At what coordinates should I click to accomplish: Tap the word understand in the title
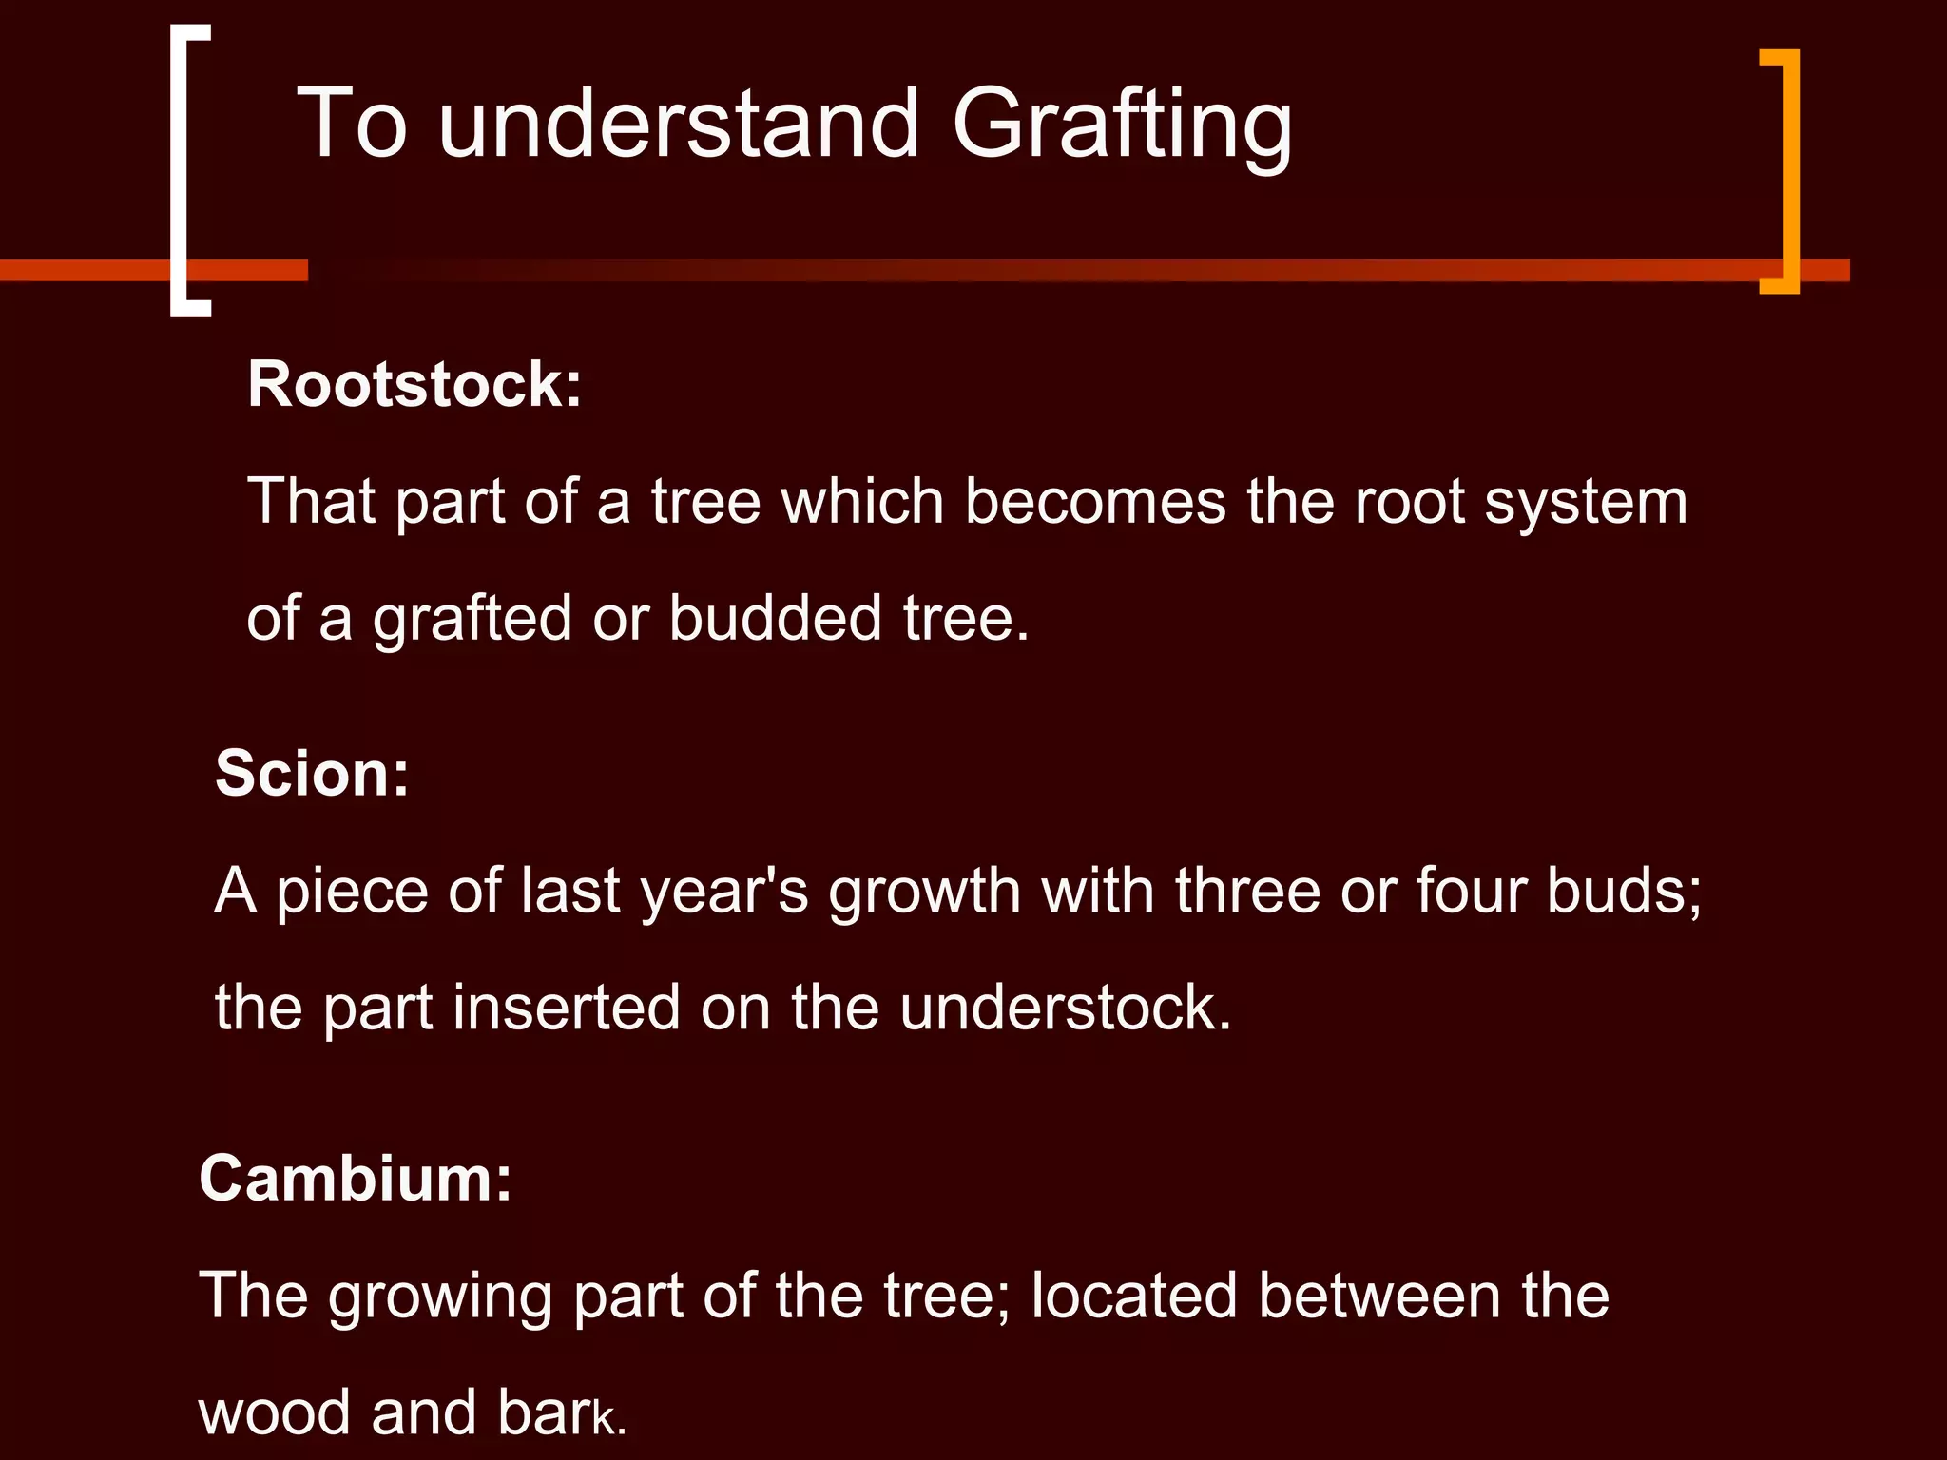coord(679,124)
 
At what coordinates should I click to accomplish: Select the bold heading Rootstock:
coord(414,385)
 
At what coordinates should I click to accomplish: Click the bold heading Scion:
coord(312,774)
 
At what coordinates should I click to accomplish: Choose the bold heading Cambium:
coord(356,1179)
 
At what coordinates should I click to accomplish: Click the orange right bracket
coord(1783,171)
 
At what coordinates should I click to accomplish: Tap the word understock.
coord(1065,1008)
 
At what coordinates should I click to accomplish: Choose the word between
coord(1378,1296)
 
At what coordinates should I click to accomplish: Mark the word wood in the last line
coord(275,1412)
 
